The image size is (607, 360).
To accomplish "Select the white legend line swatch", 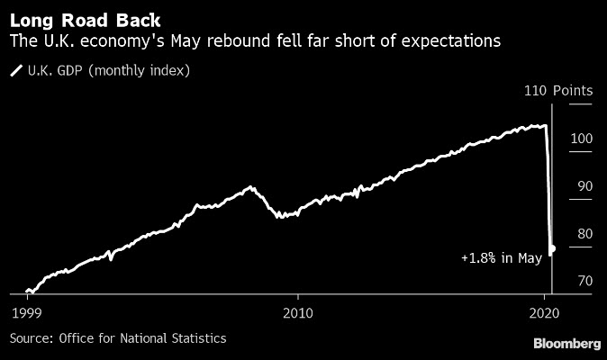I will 15,69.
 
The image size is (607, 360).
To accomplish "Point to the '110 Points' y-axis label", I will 558,91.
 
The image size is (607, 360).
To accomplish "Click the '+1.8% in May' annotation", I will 501,258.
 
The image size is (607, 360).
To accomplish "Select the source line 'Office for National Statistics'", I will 142,338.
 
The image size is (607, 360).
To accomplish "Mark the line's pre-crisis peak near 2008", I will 251,187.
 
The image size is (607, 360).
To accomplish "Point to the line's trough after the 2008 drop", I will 280,217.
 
